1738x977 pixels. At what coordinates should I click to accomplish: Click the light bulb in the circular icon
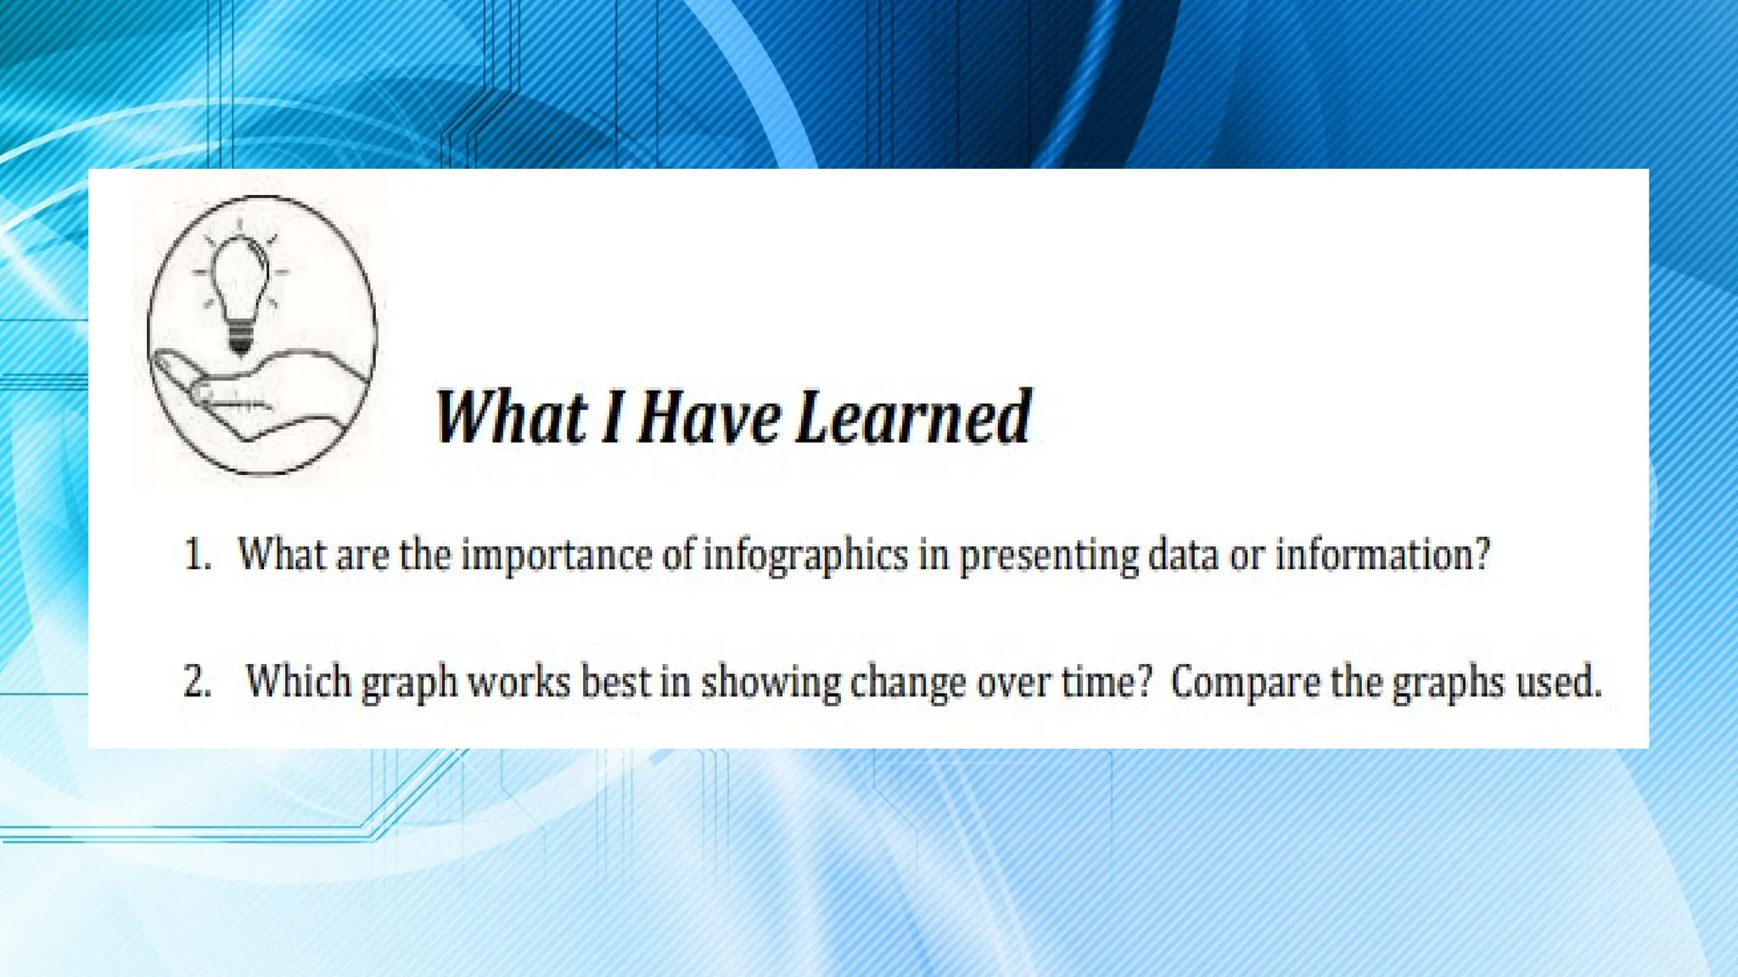pyautogui.click(x=240, y=280)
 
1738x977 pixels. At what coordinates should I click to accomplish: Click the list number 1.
pyautogui.click(x=196, y=556)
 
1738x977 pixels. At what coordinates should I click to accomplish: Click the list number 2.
pyautogui.click(x=196, y=683)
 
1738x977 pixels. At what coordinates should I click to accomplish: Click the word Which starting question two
pyautogui.click(x=298, y=682)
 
